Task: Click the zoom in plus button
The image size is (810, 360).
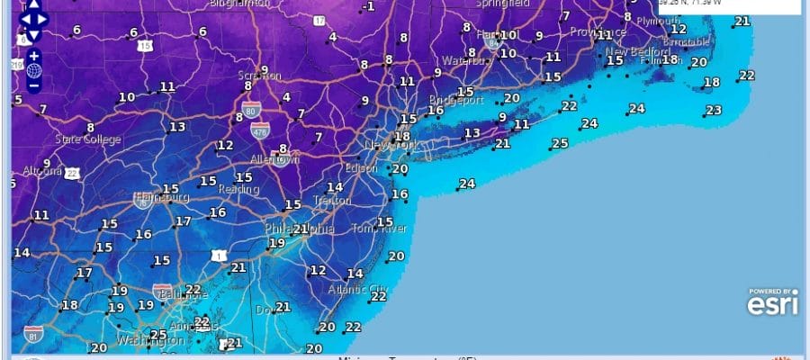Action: coord(33,55)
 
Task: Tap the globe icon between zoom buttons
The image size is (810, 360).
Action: coord(33,70)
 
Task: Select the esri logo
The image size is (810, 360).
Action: coord(771,304)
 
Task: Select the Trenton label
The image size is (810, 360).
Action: coord(332,201)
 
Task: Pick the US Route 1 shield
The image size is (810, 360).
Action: coord(220,256)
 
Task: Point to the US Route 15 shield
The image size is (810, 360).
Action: coord(146,45)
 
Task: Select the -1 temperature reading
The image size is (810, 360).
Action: coord(368,7)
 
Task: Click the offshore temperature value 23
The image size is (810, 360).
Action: coord(714,111)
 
